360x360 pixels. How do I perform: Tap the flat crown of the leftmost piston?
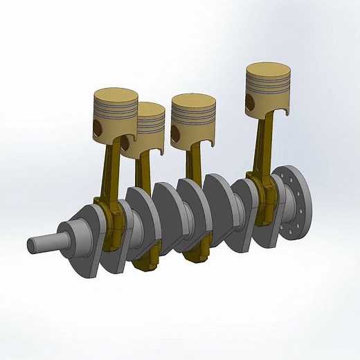point(115,95)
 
